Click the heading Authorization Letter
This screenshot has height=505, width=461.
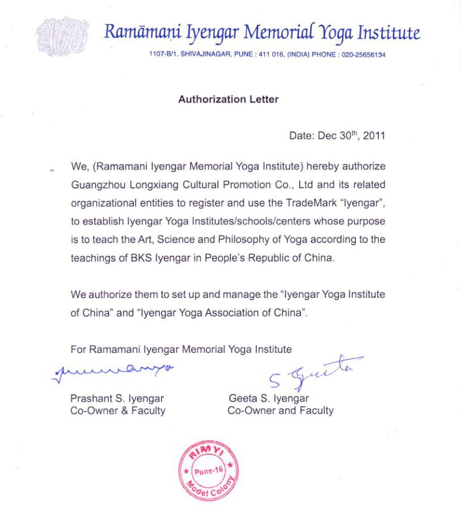point(228,99)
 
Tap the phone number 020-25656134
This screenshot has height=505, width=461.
point(363,55)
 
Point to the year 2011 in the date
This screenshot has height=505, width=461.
point(374,136)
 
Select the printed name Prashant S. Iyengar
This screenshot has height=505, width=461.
point(117,398)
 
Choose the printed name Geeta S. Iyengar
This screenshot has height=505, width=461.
point(268,398)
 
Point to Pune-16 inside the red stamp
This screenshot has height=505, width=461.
point(209,470)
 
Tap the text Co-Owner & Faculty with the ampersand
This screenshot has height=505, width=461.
point(117,410)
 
